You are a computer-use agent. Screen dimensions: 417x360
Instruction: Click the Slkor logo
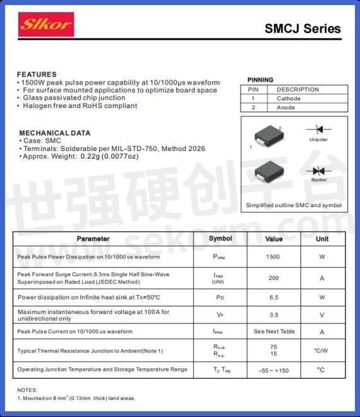coord(46,25)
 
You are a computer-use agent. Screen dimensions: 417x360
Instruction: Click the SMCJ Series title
coord(303,28)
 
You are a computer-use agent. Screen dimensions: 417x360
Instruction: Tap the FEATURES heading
coord(37,75)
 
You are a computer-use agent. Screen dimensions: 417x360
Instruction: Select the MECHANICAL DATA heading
coord(54,133)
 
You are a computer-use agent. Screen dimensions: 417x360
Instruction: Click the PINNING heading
coord(260,80)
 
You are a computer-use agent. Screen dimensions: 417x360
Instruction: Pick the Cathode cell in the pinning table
coord(289,99)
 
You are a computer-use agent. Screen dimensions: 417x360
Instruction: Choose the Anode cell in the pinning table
coord(285,107)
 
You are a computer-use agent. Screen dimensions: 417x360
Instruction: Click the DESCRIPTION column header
coord(297,90)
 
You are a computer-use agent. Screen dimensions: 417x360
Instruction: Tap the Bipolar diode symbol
coord(318,171)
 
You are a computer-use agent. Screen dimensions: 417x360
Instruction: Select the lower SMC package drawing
coord(267,172)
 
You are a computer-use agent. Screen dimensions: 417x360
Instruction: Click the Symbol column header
coord(220,239)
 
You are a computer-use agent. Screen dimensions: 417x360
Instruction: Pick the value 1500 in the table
coord(273,257)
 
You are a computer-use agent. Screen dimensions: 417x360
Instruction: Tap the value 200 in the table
coord(273,278)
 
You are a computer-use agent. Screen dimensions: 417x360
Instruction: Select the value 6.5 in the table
coord(273,297)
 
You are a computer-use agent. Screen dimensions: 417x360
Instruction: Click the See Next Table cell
coord(274,332)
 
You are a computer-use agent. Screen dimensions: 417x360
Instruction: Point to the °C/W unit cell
coord(321,350)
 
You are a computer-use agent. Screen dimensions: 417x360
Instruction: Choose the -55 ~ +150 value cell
coord(273,370)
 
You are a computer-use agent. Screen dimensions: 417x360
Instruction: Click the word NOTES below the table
coord(28,390)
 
